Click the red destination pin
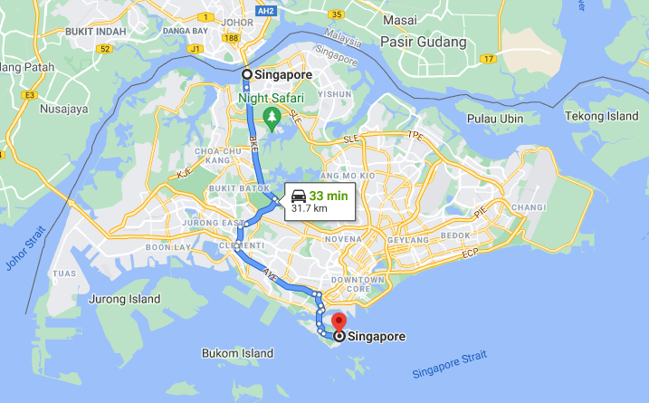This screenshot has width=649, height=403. tap(339, 321)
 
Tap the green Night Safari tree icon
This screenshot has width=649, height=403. tap(270, 115)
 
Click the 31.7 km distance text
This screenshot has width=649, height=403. tap(309, 208)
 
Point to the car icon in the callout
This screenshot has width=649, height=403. tap(299, 194)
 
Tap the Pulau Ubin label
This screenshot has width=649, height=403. tap(496, 119)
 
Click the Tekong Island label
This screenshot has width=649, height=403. tap(602, 116)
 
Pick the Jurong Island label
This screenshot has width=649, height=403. tap(125, 299)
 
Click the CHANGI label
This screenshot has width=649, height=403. tap(528, 207)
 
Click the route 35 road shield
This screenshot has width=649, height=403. tap(336, 14)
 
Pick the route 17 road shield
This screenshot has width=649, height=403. tap(489, 59)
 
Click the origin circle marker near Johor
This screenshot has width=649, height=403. tap(246, 74)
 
